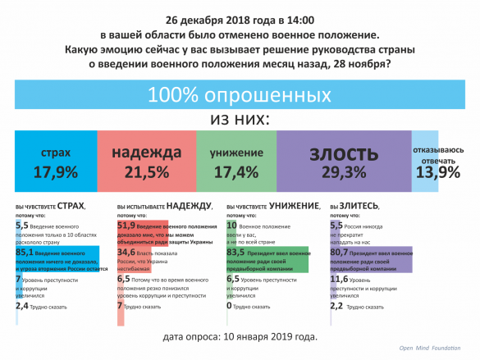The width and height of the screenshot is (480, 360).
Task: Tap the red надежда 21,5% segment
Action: pyautogui.click(x=146, y=163)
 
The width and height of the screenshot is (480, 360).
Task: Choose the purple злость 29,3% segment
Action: pyautogui.click(x=344, y=163)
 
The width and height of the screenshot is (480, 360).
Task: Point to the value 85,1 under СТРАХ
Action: pyautogui.click(x=25, y=253)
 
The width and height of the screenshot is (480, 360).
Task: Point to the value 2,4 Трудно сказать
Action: pyautogui.click(x=22, y=305)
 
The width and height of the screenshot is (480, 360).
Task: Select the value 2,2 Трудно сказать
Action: pyautogui.click(x=336, y=306)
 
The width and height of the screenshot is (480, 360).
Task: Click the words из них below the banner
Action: pyautogui.click(x=240, y=120)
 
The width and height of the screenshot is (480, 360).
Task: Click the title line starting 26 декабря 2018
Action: pyautogui.click(x=240, y=17)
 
